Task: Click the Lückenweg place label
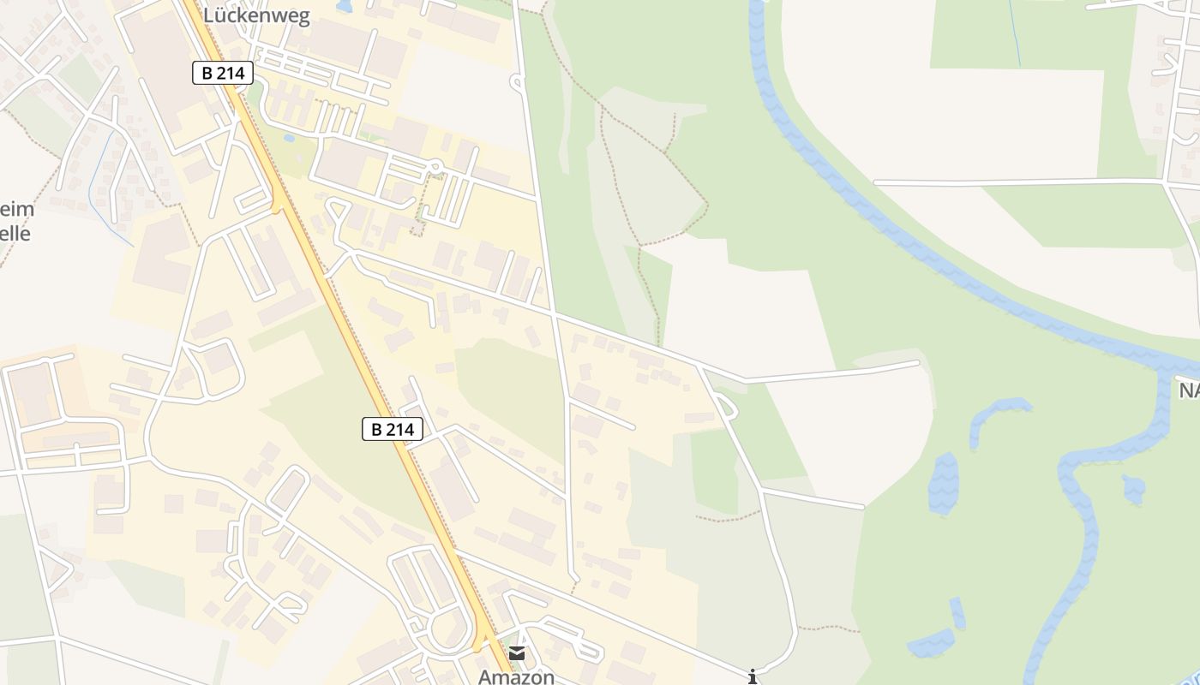[x=256, y=16]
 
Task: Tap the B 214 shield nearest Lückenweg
[x=223, y=74]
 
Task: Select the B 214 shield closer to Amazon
[x=393, y=429]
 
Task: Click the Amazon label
[x=516, y=676]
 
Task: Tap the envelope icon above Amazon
[x=517, y=653]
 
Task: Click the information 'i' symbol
[x=753, y=677]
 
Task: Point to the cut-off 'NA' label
[x=1189, y=390]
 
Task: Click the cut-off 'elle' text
[x=15, y=232]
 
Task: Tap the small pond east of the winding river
[x=1133, y=489]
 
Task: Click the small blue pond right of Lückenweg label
[x=345, y=7]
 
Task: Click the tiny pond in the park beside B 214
[x=290, y=138]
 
